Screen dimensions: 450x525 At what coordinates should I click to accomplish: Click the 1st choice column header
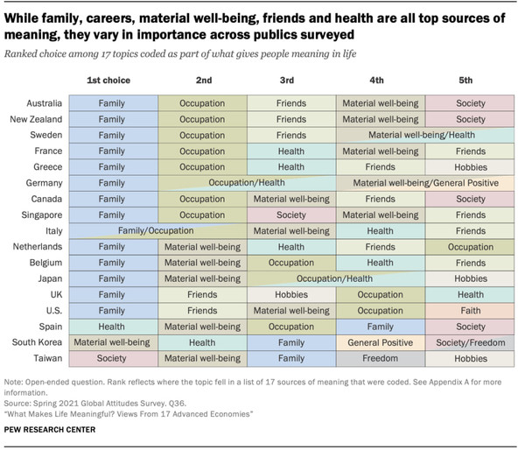point(111,81)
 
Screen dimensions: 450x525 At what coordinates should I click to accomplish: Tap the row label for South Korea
point(36,342)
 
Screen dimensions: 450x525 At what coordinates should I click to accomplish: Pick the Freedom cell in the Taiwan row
point(380,358)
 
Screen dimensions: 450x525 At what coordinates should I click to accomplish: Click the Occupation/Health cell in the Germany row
point(247,183)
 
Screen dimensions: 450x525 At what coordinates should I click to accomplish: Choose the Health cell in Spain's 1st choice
point(111,326)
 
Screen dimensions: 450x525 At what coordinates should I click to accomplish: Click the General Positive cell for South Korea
point(380,342)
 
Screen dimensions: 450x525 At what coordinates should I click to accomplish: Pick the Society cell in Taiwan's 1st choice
point(111,358)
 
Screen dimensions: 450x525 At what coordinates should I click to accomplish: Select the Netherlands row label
point(36,247)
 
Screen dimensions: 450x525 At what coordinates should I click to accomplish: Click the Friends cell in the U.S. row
point(201,310)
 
